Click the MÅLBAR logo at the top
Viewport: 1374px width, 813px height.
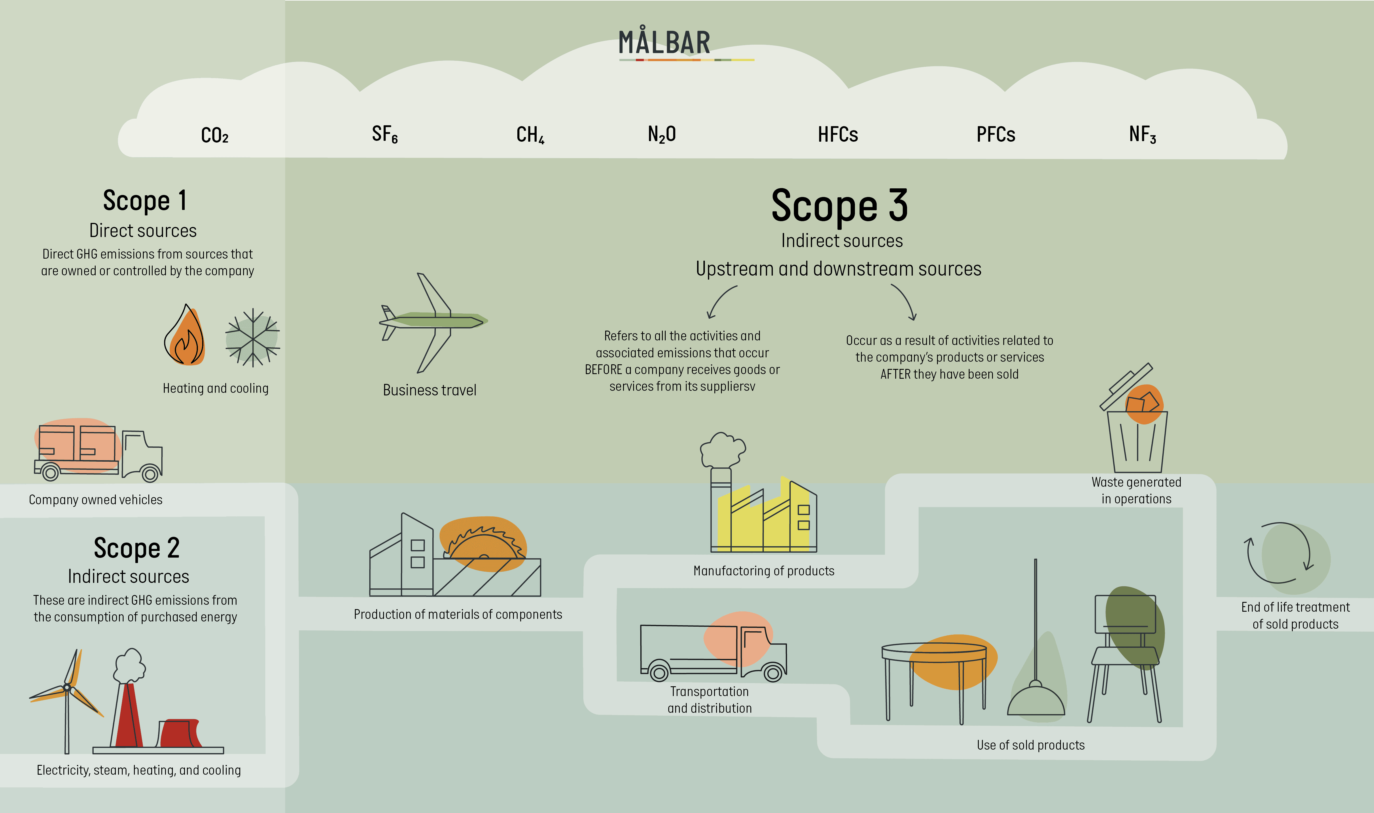665,43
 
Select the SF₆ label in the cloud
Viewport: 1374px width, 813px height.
385,134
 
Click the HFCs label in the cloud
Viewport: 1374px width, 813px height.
838,134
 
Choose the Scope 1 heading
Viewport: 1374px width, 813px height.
145,200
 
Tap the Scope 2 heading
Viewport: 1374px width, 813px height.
137,548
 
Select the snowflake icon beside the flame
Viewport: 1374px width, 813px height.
253,337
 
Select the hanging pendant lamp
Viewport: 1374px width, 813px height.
1036,690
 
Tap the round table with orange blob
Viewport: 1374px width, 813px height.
934,666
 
